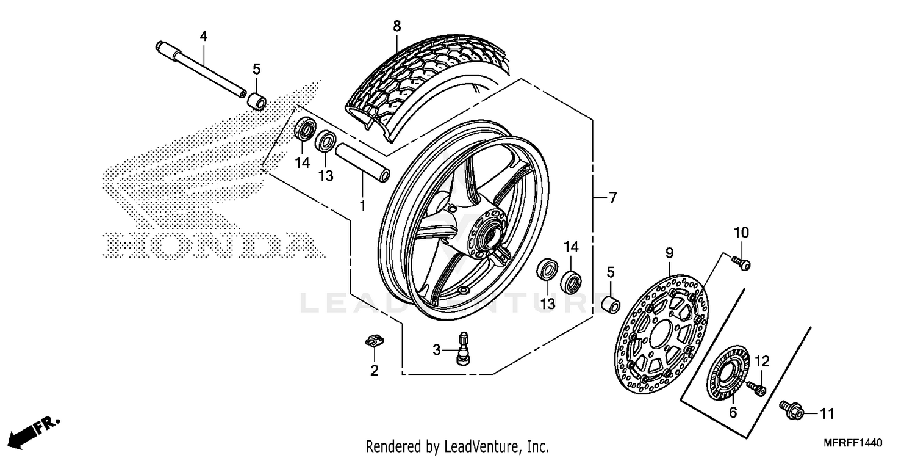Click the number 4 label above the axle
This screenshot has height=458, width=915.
pos(204,37)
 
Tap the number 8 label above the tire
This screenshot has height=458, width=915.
pos(396,26)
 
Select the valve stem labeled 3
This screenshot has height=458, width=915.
pos(464,349)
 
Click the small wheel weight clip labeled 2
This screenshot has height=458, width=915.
pos(373,341)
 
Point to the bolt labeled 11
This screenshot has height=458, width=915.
pos(791,410)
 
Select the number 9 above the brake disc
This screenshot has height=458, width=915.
pos(669,252)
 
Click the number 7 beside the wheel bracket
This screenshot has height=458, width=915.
pos(612,197)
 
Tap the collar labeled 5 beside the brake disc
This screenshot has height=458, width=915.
pos(611,304)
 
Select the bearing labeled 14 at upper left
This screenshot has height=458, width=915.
pos(305,130)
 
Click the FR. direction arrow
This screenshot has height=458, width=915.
pos(34,429)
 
